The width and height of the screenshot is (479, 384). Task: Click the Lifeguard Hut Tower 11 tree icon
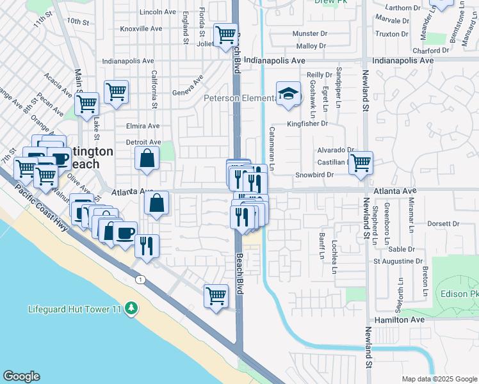tap(131, 308)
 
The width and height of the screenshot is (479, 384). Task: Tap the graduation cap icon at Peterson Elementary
tap(288, 94)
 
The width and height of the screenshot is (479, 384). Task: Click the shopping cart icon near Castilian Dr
tap(361, 162)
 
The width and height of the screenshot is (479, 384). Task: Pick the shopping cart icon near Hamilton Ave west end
tap(216, 296)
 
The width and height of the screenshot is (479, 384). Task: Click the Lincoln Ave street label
tap(157, 12)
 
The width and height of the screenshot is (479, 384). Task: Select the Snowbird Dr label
tap(314, 175)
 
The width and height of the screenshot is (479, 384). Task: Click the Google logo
tap(21, 376)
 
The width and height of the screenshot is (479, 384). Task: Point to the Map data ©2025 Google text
tap(439, 379)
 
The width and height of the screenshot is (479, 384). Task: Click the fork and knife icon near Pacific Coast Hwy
tap(147, 246)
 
